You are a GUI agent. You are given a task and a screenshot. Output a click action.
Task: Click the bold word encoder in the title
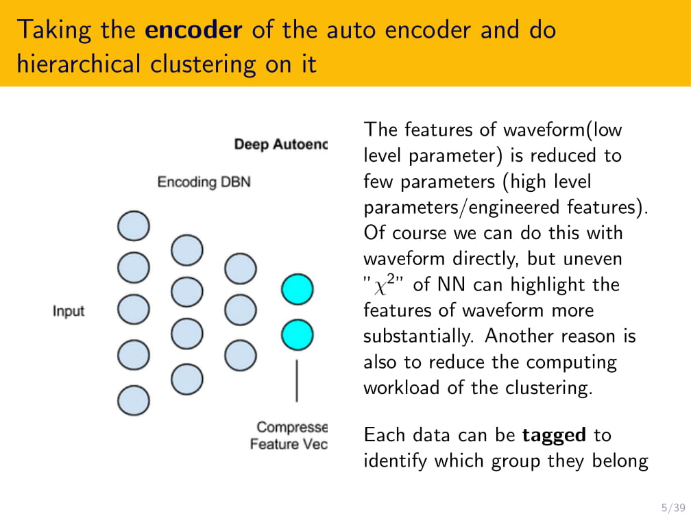(x=194, y=30)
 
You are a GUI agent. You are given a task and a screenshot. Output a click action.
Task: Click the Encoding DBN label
(x=204, y=182)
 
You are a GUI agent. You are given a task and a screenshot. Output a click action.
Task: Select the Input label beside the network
(x=69, y=311)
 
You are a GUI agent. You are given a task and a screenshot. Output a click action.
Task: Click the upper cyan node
(x=297, y=289)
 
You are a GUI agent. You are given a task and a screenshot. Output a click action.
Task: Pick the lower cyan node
(x=297, y=335)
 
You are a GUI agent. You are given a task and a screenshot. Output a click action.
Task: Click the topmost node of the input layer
(x=133, y=226)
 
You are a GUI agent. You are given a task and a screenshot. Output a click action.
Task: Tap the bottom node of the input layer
(x=133, y=399)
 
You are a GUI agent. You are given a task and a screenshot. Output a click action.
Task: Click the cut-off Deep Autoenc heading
(x=281, y=145)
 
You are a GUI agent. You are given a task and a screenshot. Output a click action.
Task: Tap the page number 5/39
(x=672, y=507)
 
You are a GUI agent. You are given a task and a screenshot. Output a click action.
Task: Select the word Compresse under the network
(x=292, y=427)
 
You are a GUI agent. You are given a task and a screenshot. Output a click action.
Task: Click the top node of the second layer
(x=186, y=251)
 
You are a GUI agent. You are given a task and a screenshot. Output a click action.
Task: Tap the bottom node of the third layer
(x=241, y=355)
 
